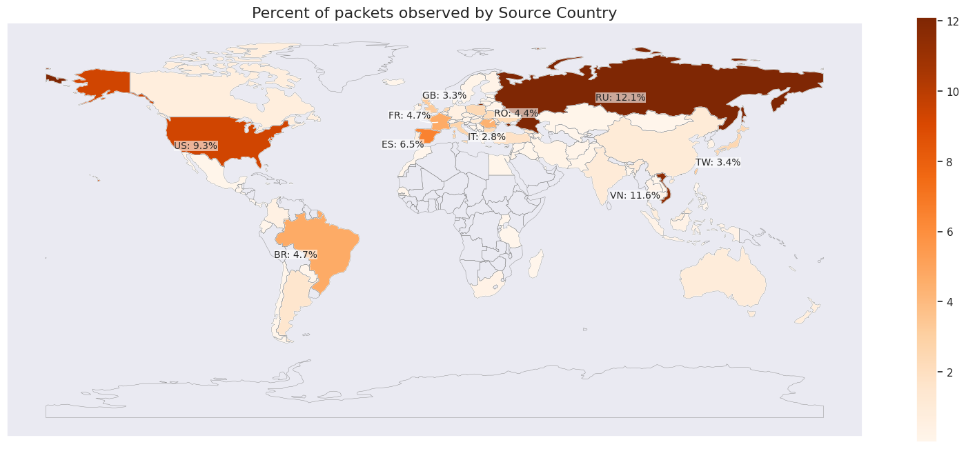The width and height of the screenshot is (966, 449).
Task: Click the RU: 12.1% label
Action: pyautogui.click(x=620, y=98)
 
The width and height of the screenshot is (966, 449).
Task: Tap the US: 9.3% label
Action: pyautogui.click(x=195, y=146)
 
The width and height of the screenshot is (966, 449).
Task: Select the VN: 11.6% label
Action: pyautogui.click(x=635, y=196)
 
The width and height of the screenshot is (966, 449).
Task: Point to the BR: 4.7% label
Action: pyautogui.click(x=295, y=255)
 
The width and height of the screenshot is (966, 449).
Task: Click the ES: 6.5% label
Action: pyautogui.click(x=402, y=145)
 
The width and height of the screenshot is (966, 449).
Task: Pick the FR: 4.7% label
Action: pyautogui.click(x=409, y=116)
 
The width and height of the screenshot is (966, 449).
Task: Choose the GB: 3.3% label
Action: pyautogui.click(x=444, y=96)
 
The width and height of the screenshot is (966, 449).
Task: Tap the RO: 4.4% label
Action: pyautogui.click(x=515, y=113)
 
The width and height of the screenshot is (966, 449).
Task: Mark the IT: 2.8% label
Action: pyautogui.click(x=486, y=137)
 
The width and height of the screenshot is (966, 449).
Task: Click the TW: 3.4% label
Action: pyautogui.click(x=718, y=163)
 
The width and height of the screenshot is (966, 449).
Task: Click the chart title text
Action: pyautogui.click(x=434, y=12)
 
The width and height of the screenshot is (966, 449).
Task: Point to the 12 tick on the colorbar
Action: pyautogui.click(x=952, y=22)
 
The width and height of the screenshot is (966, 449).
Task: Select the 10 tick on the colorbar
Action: pyautogui.click(x=952, y=92)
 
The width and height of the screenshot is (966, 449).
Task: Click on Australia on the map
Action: pyautogui.click(x=721, y=279)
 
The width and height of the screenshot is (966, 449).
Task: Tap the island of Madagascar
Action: pyautogui.click(x=536, y=264)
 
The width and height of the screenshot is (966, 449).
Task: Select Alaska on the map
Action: pyautogui.click(x=103, y=83)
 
